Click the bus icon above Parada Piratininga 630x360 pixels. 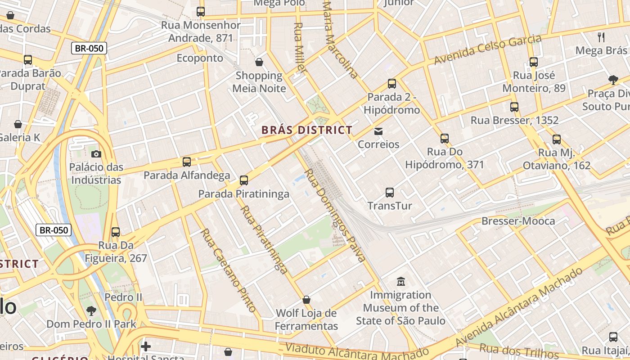tap(244, 180)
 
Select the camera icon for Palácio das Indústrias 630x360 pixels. tap(96, 154)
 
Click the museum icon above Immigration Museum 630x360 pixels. tap(400, 282)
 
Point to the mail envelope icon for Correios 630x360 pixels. tap(378, 131)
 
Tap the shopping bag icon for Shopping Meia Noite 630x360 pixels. tap(259, 62)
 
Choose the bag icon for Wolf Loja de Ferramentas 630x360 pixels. tap(306, 300)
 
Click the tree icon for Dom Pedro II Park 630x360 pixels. tap(91, 310)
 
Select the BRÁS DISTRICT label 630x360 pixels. tap(307, 130)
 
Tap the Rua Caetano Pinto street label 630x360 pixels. tap(228, 270)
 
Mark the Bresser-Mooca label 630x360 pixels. tap(518, 221)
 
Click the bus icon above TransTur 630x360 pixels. tap(390, 193)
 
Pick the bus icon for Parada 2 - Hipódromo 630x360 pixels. tap(392, 84)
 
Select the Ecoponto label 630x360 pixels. tap(200, 58)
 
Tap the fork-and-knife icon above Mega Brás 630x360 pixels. tap(601, 37)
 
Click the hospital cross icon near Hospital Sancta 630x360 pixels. tap(145, 346)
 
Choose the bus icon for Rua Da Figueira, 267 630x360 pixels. tap(116, 232)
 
